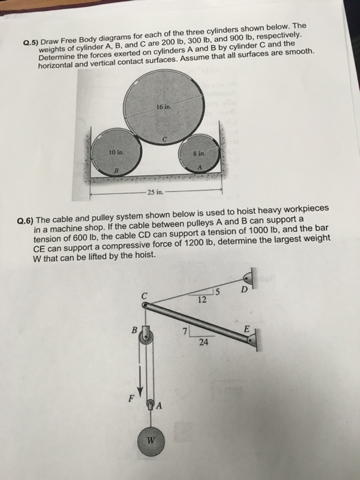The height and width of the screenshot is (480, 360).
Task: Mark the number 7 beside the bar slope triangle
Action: coord(184,332)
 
